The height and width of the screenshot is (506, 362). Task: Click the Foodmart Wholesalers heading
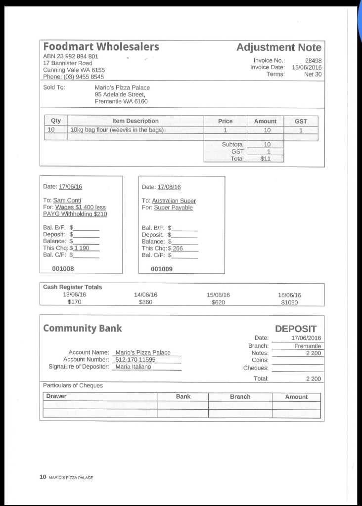click(101, 47)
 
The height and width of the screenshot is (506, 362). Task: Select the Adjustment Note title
click(278, 47)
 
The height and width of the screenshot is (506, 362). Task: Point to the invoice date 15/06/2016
click(307, 67)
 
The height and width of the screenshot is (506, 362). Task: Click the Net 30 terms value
click(313, 74)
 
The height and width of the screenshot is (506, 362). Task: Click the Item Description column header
click(135, 121)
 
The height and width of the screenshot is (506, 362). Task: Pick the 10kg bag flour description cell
click(117, 130)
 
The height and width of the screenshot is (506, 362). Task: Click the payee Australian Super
click(174, 201)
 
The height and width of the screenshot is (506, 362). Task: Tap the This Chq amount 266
click(177, 249)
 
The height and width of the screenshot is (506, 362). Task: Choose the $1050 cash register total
click(289, 302)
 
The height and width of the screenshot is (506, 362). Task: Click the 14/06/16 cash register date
click(145, 295)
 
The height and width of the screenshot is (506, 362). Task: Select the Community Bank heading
click(82, 329)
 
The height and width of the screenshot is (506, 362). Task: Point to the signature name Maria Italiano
click(133, 367)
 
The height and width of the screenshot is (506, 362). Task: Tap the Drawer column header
click(56, 397)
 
